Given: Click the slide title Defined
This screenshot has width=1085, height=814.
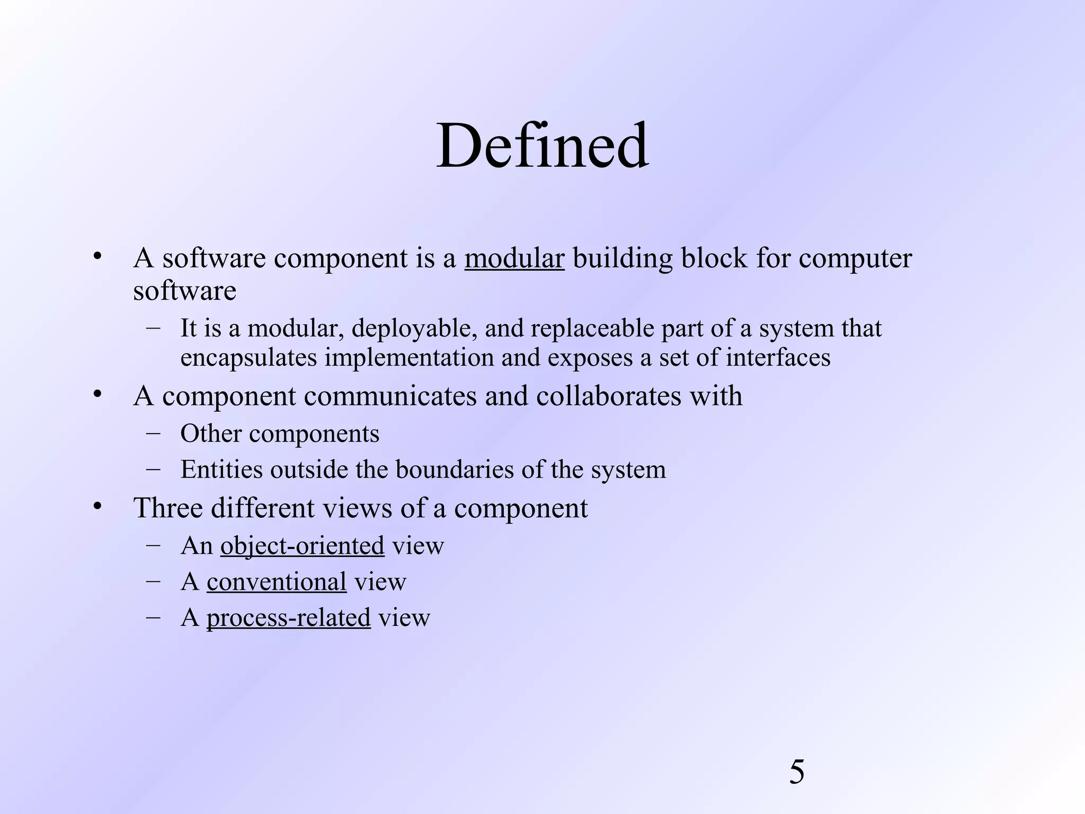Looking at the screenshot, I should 542,145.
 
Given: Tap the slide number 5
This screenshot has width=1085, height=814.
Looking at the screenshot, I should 796,772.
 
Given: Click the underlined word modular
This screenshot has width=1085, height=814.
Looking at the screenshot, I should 514,259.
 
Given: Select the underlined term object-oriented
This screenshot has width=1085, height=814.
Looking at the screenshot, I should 302,546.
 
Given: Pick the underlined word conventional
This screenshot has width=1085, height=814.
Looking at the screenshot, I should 276,582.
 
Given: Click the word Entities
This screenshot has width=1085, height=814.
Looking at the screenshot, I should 221,470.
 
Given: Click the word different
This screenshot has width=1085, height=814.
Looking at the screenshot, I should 263,508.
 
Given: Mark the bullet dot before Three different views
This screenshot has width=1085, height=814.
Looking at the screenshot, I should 96,507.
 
